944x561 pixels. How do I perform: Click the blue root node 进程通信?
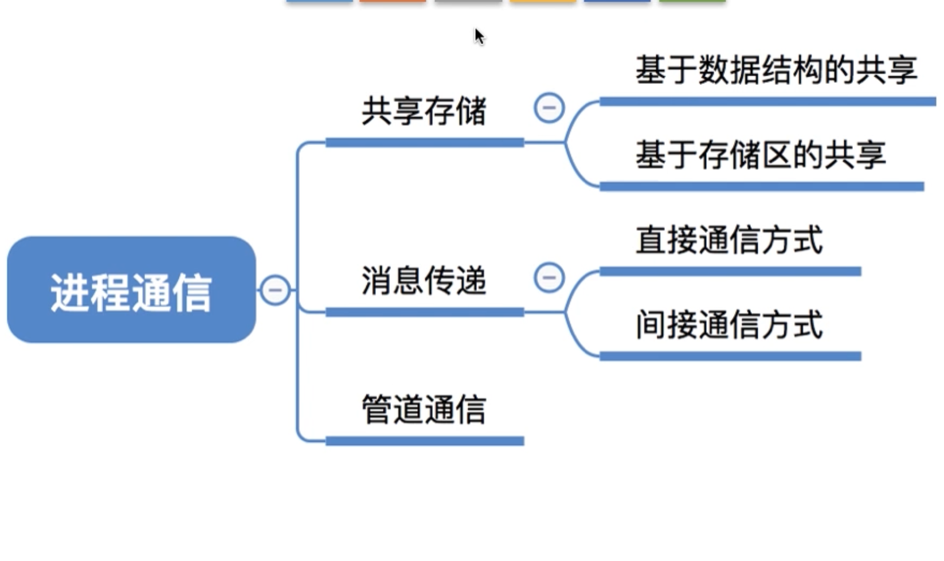tap(131, 290)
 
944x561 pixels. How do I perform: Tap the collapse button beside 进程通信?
tap(275, 290)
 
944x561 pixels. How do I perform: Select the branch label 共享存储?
tap(424, 111)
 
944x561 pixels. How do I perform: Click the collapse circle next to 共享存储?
tap(549, 108)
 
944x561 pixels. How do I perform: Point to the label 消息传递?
tap(424, 281)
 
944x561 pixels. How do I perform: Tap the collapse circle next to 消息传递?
tap(549, 278)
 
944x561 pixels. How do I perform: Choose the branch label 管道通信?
tap(424, 410)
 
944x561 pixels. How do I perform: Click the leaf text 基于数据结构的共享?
tap(776, 70)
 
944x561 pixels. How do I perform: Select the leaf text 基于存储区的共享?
tap(761, 155)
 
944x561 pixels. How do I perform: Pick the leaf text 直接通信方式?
tap(729, 240)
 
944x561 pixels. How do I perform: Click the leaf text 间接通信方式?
tap(729, 325)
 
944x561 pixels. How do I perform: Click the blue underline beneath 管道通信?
tap(425, 441)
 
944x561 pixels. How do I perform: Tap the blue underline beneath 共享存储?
tap(425, 142)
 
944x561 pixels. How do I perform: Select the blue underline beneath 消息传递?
tap(425, 312)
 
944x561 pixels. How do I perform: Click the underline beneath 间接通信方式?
tap(730, 356)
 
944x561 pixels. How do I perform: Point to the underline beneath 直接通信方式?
tap(730, 271)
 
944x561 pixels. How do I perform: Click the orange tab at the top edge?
tap(393, 1)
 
